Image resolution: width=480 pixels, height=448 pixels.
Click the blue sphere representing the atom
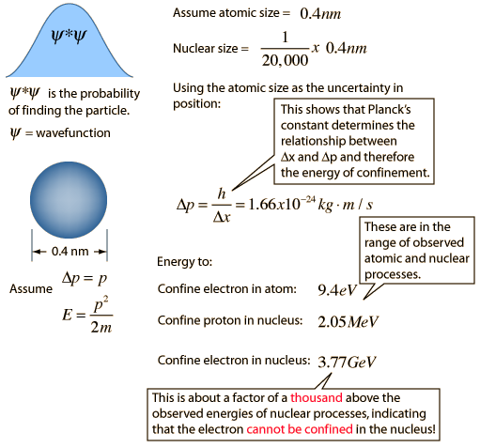pyautogui.click(x=69, y=200)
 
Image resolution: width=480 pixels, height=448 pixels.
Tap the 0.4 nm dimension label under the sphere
pyautogui.click(x=70, y=252)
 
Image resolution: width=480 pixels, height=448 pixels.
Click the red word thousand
pyautogui.click(x=317, y=397)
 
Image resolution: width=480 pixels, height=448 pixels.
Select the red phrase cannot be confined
pyautogui.click(x=300, y=429)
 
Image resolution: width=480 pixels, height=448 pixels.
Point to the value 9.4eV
pyautogui.click(x=337, y=290)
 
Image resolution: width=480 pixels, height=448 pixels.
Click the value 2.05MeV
pyautogui.click(x=348, y=321)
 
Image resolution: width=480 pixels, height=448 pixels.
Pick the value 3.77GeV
pyautogui.click(x=347, y=362)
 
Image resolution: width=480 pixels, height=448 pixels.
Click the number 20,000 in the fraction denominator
pyautogui.click(x=285, y=60)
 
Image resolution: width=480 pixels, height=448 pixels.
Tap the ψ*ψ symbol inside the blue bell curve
pyautogui.click(x=69, y=37)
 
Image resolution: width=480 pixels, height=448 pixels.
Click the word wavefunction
pyautogui.click(x=73, y=133)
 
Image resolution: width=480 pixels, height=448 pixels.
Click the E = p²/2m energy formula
pyautogui.click(x=87, y=315)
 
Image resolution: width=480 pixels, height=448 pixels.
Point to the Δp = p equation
pyautogui.click(x=85, y=278)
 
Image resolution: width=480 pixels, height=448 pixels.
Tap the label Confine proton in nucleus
pyautogui.click(x=230, y=320)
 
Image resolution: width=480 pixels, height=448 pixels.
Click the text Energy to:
pyautogui.click(x=185, y=262)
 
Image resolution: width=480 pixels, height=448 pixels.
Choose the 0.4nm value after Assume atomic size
pyautogui.click(x=320, y=14)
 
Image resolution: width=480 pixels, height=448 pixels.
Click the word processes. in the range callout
pyautogui.click(x=393, y=274)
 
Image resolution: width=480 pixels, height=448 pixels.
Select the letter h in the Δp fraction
pyautogui.click(x=222, y=194)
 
